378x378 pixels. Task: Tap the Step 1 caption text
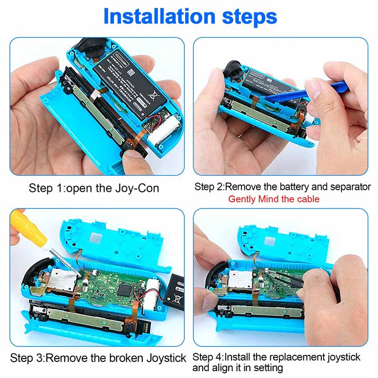[94, 188]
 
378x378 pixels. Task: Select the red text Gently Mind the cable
[274, 199]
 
